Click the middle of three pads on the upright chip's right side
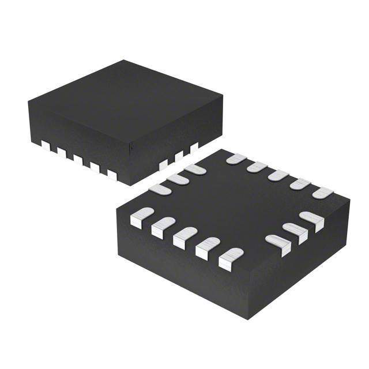(x=179, y=156)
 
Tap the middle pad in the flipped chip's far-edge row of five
(x=278, y=175)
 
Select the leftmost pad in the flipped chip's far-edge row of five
(x=236, y=159)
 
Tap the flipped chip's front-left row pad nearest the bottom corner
(x=231, y=258)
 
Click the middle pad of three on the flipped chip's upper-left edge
(x=178, y=179)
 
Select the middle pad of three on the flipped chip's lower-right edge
(x=295, y=232)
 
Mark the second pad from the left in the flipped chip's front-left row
(x=163, y=227)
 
